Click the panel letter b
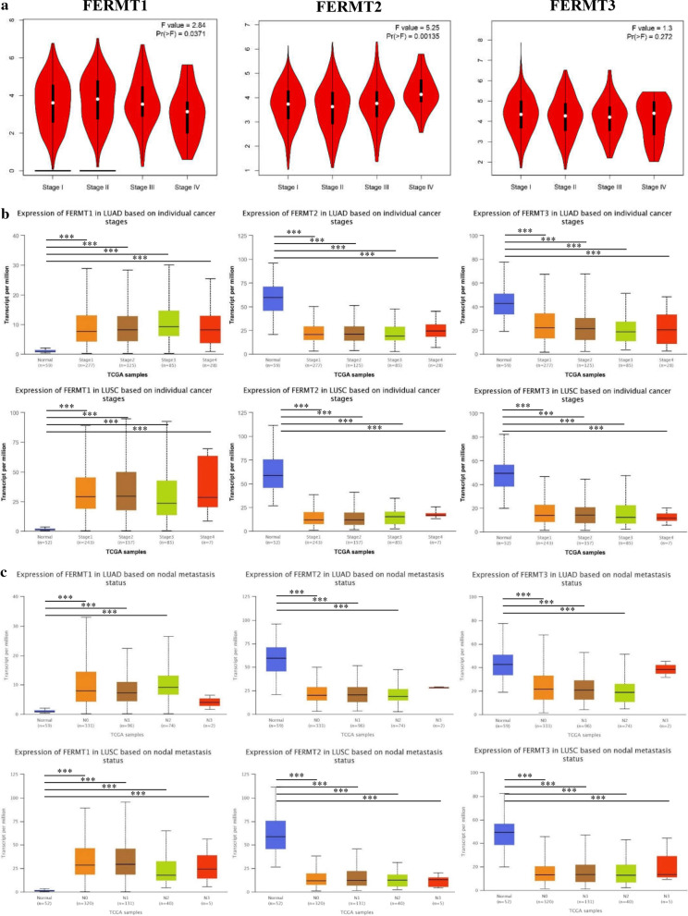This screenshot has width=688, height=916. pos(7,212)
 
